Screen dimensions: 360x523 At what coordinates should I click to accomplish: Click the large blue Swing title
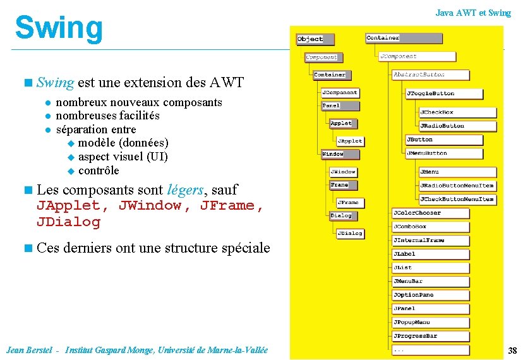point(58,28)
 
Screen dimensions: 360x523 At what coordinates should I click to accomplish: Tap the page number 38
point(512,351)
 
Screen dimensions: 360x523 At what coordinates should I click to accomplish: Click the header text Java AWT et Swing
point(473,13)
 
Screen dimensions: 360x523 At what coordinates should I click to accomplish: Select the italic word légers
point(186,189)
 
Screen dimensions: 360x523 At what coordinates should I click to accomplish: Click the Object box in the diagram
point(310,39)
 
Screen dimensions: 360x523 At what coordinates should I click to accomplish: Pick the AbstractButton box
point(431,75)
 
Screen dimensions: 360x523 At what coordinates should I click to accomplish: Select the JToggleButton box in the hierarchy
point(438,93)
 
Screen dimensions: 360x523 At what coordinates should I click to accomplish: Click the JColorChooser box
point(431,213)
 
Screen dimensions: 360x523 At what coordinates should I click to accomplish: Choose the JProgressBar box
point(431,336)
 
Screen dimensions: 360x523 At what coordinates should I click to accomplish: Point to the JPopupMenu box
point(431,322)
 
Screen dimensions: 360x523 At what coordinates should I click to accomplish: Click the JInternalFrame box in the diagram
point(431,241)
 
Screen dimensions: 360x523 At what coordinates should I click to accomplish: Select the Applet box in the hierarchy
point(341,123)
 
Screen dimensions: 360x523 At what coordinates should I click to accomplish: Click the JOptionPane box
point(431,295)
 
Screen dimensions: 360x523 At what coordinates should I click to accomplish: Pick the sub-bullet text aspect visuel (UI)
point(123,157)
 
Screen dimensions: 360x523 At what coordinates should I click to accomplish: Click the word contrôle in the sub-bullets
point(99,171)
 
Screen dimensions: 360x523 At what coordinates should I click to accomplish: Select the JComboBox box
point(431,227)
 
